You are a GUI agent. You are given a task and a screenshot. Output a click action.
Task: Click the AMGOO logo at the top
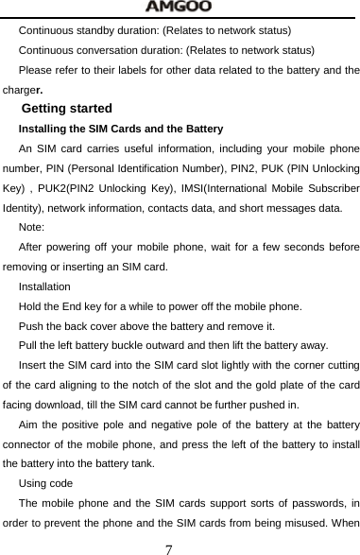[179, 8]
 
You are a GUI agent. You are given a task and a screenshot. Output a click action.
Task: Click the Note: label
[31, 227]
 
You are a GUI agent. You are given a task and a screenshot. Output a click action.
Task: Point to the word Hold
[30, 306]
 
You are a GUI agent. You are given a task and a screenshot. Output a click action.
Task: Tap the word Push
[31, 326]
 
